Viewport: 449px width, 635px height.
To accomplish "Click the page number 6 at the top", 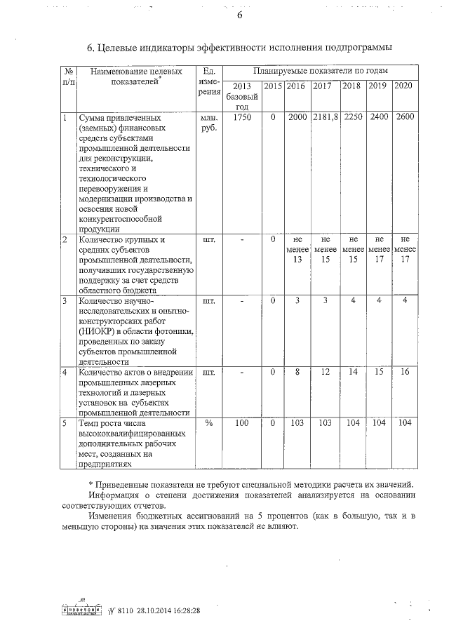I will pos(239,16).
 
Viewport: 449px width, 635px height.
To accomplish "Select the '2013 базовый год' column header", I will pos(241,96).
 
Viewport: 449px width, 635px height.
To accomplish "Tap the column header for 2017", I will pos(322,86).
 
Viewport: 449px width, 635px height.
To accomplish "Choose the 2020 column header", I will pos(403,86).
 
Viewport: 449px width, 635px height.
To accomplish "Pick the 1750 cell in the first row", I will pos(241,117).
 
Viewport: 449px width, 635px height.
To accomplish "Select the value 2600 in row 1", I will pos(403,117).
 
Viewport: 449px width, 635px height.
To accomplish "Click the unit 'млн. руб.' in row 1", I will pos(208,123).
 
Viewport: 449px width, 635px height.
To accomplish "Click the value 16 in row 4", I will pos(403,371).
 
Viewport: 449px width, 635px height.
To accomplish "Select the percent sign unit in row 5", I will pos(208,423).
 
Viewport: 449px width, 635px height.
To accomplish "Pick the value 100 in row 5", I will pos(241,423).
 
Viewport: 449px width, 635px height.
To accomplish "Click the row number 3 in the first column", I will pos(65,301).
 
